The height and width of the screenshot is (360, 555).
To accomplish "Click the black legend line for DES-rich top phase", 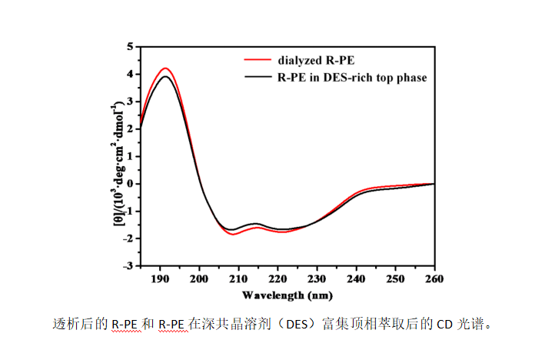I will tap(258, 78).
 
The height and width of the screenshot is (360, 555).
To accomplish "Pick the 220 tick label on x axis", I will tap(277, 278).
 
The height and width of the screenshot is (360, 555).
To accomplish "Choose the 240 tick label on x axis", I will tap(356, 278).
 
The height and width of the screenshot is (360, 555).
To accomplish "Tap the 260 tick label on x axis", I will tap(434, 278).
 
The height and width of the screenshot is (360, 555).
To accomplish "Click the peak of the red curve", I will tap(165, 68).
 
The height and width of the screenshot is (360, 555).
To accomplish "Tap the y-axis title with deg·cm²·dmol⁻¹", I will tap(115, 155).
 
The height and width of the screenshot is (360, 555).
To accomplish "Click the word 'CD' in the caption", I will tap(443, 324).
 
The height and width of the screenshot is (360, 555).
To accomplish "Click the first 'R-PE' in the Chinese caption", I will tap(125, 324).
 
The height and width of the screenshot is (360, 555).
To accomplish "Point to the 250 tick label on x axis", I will tap(395, 278).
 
